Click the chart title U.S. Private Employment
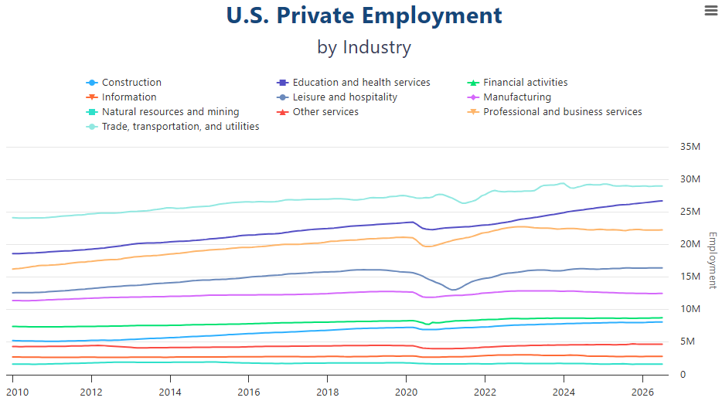(364, 15)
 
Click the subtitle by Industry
(364, 47)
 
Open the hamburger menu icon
(711, 10)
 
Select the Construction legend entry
(124, 83)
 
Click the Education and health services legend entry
(353, 83)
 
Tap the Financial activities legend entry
(517, 83)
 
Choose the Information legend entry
(121, 97)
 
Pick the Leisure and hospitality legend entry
(336, 97)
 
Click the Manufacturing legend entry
(509, 97)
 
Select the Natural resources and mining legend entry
(162, 112)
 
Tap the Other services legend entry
(317, 112)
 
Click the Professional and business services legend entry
(554, 112)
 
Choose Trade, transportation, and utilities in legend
(172, 127)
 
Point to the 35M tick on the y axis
(690, 147)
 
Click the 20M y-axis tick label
(690, 244)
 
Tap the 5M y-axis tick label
(687, 342)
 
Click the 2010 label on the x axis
(17, 393)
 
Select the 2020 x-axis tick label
(406, 393)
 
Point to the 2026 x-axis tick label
(642, 393)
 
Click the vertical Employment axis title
(712, 260)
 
